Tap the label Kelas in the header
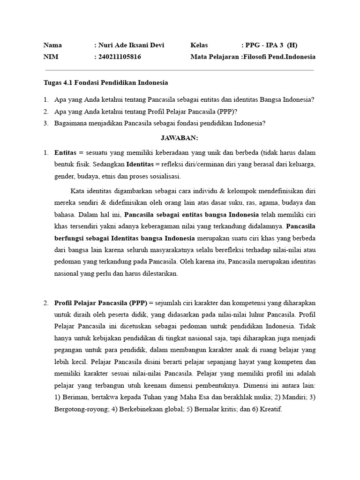[199, 45]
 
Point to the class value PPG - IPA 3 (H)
[271, 45]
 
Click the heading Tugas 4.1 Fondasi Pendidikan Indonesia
[105, 82]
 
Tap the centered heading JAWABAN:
[180, 138]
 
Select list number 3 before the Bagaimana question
[46, 123]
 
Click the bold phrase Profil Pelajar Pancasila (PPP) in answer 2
[101, 303]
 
